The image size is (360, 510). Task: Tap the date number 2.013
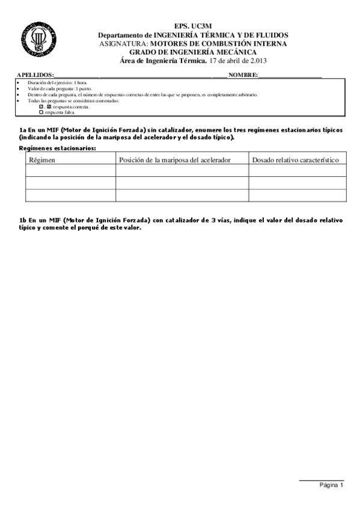(255, 60)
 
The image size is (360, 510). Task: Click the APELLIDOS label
(35, 75)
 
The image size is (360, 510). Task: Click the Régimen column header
(42, 160)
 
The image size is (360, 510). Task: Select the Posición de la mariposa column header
(182, 160)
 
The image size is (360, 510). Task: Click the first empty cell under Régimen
(70, 171)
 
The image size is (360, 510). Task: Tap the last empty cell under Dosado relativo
(297, 195)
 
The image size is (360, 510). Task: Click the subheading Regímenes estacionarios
(58, 147)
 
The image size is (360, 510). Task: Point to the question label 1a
(23, 130)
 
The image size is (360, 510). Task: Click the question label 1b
(23, 221)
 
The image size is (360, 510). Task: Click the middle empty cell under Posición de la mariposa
(182, 183)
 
